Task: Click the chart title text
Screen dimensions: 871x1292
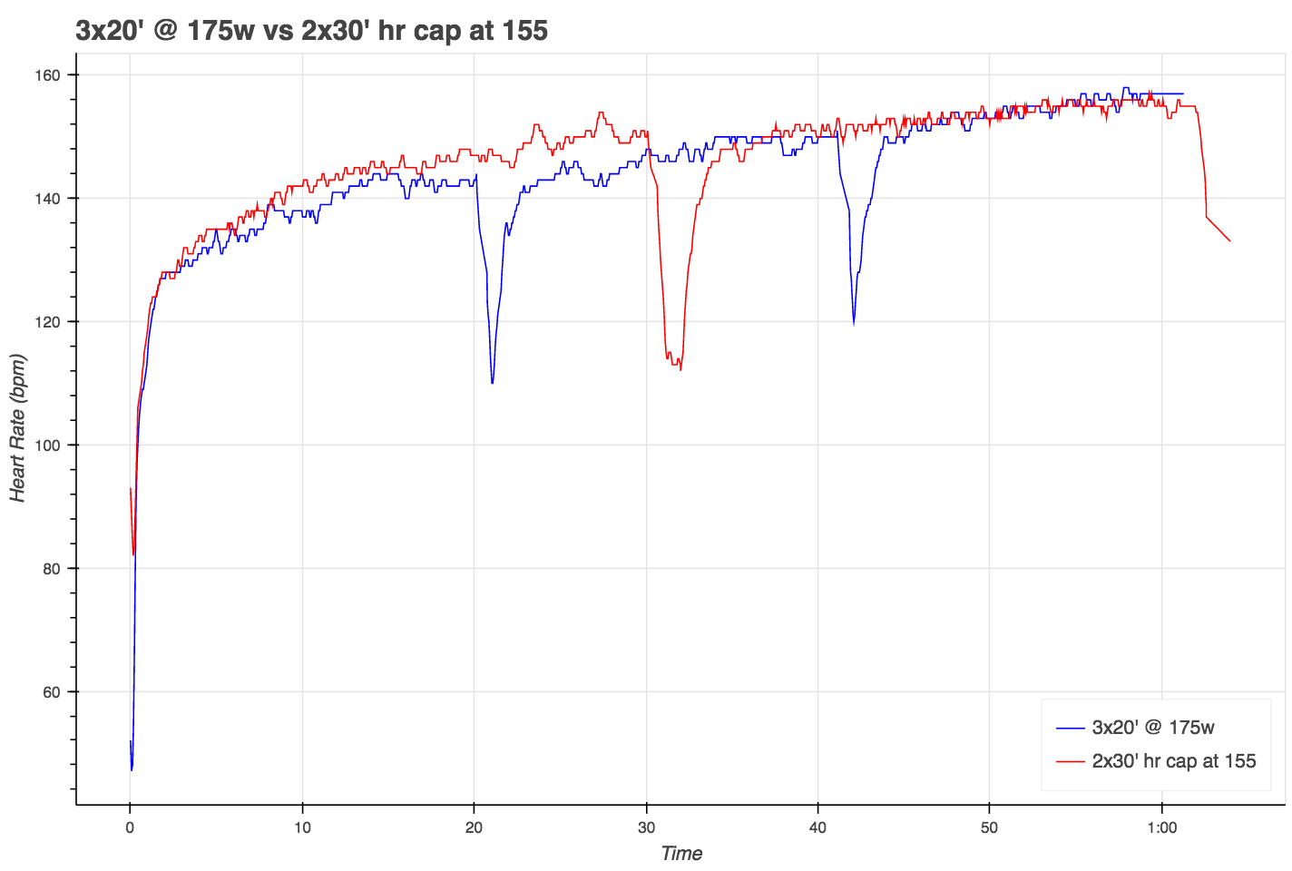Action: click(311, 31)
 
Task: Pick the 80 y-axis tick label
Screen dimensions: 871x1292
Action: click(57, 569)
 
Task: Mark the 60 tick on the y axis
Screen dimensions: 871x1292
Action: click(57, 692)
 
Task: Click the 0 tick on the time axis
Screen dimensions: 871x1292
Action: click(131, 827)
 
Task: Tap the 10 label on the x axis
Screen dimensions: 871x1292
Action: click(302, 827)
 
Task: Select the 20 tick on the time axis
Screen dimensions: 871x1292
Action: click(474, 827)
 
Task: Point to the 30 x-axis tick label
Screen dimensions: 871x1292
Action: click(646, 827)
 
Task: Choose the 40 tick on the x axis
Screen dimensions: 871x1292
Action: click(817, 827)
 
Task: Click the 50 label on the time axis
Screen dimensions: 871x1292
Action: click(990, 827)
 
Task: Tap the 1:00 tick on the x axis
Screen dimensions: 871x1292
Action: click(1162, 827)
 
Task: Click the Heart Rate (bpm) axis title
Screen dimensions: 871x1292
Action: click(19, 427)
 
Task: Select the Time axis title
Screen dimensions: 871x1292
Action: click(681, 854)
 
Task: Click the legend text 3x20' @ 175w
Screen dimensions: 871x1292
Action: click(1153, 728)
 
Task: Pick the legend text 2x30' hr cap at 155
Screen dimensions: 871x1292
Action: click(1174, 761)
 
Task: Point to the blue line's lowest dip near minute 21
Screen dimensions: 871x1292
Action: click(492, 383)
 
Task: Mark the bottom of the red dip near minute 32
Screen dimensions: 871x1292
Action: click(680, 370)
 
